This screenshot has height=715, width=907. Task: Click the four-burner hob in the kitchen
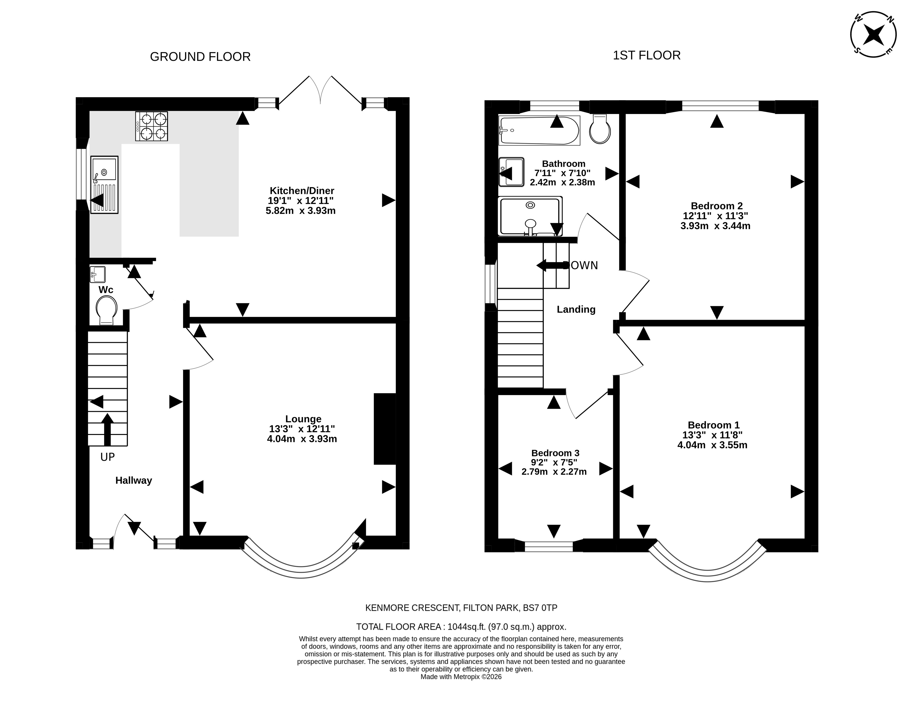coord(151,126)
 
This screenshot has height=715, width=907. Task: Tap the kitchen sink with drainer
coord(104,185)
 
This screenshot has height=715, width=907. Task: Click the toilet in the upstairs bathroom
coord(600,129)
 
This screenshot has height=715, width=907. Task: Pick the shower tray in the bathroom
coord(530,216)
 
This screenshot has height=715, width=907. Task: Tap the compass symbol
coord(874,34)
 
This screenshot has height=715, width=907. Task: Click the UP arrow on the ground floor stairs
coord(107,429)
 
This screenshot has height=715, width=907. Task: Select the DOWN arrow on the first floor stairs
coord(552,265)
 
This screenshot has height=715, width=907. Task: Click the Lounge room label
coord(303,419)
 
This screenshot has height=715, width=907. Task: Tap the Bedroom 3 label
coord(555,453)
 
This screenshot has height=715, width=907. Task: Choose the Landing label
coord(576,309)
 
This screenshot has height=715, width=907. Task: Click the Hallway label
coord(134,480)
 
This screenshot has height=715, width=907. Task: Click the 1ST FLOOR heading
coord(647,55)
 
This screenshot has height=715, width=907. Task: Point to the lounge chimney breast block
coord(385,429)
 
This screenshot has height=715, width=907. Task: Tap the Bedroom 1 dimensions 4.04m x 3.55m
coord(713,445)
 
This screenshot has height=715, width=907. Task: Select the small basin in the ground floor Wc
coord(97,275)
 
